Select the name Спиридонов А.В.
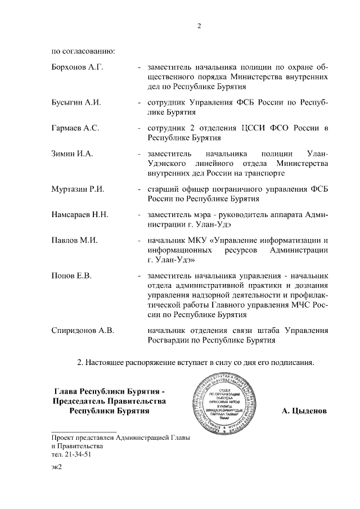pyautogui.click(x=83, y=330)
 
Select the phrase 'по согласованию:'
pyautogui.click(x=83, y=52)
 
